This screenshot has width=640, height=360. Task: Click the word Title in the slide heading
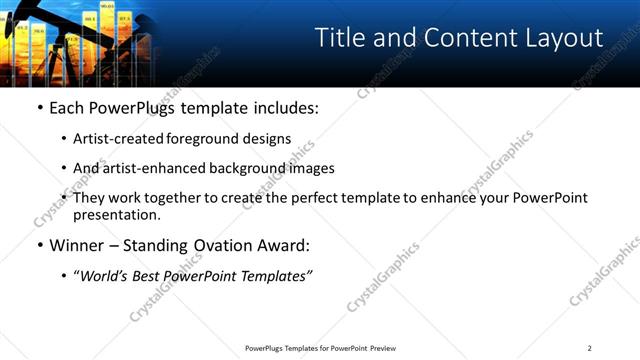tap(338, 38)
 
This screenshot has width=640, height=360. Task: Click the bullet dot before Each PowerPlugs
tap(39, 108)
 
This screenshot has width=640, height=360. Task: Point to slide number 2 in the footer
tap(590, 348)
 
